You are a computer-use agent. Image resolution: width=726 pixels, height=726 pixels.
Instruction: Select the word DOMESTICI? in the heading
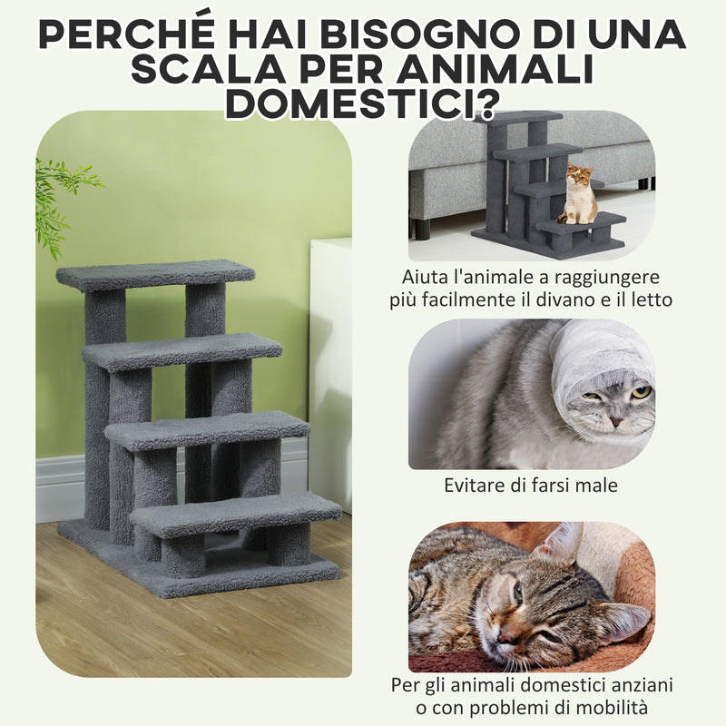363,104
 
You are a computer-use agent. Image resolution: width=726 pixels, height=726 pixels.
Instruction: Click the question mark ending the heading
487,104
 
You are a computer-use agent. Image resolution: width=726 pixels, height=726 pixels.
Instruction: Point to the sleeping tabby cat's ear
564,544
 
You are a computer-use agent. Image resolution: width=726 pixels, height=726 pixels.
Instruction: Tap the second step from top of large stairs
181,351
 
